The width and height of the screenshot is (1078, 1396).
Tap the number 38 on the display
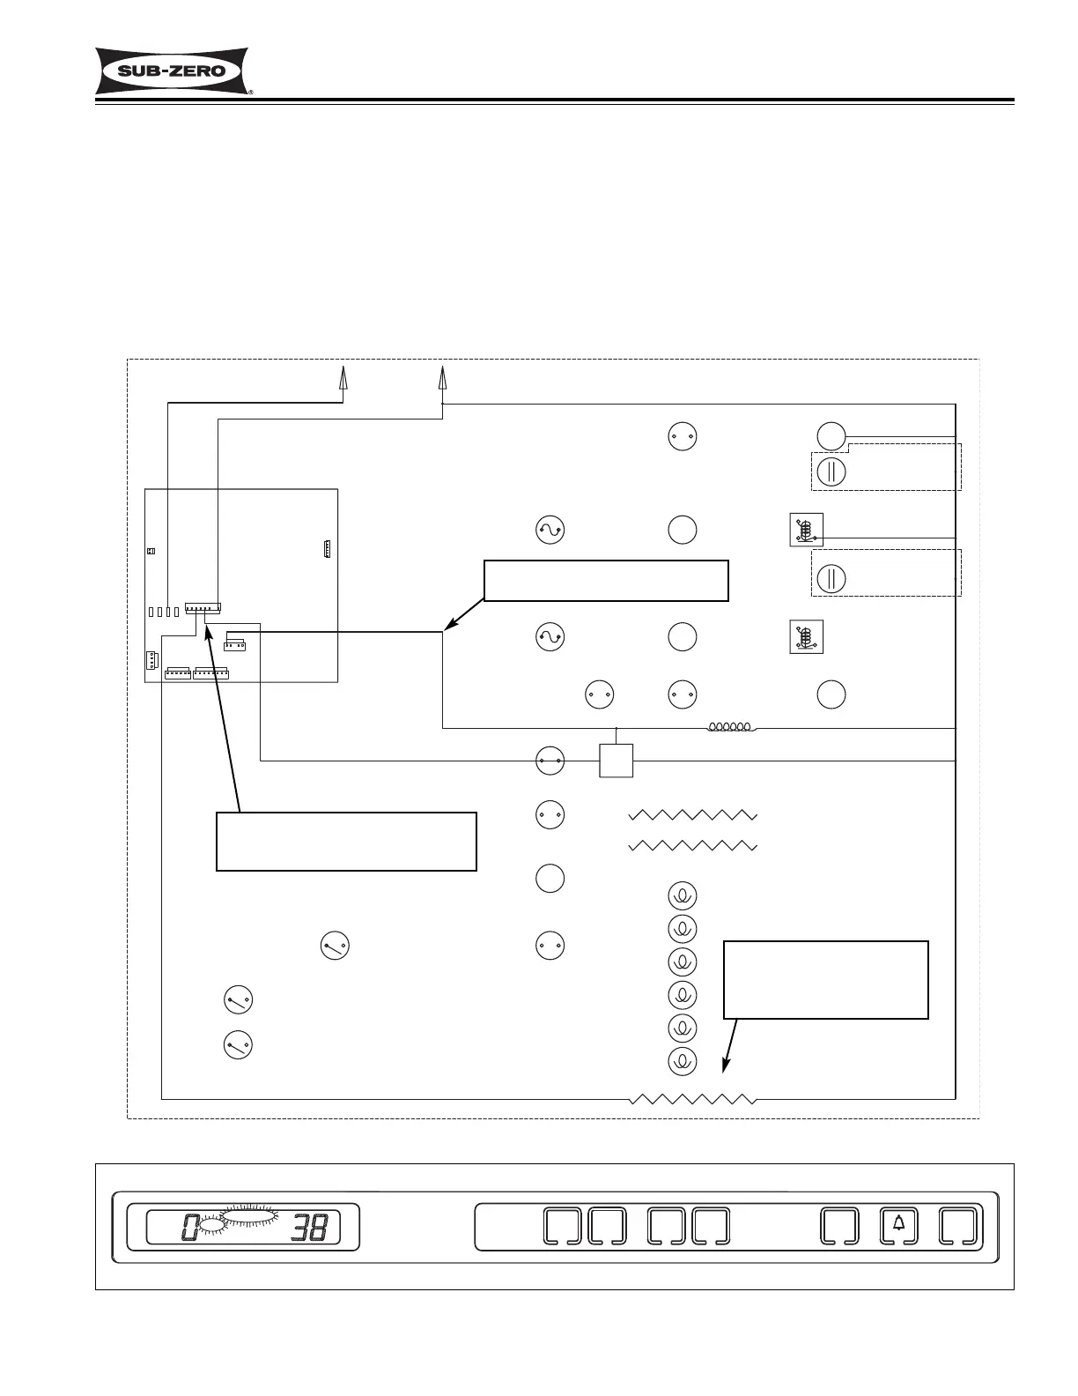click(x=310, y=1227)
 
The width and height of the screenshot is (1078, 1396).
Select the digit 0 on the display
click(x=189, y=1227)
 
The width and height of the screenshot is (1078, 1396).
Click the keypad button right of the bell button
click(x=960, y=1225)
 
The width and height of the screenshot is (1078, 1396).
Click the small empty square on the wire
click(x=617, y=761)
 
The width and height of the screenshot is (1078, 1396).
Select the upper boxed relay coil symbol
click(x=807, y=530)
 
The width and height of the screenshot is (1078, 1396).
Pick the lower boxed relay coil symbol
click(x=807, y=637)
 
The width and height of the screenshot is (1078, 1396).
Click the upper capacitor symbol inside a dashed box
click(x=831, y=472)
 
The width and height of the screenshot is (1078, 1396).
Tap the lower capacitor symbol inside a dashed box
click(x=831, y=578)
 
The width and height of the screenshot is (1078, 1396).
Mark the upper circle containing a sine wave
click(x=550, y=530)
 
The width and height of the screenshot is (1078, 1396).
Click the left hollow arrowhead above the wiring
click(x=343, y=378)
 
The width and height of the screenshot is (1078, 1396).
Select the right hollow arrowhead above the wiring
click(x=442, y=378)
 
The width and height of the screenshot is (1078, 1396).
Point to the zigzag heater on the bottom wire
click(x=693, y=1099)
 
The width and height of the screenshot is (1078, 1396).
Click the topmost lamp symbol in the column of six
click(x=683, y=896)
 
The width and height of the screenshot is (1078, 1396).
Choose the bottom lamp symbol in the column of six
click(x=683, y=1061)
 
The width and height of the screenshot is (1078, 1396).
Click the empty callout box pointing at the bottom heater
click(x=825, y=979)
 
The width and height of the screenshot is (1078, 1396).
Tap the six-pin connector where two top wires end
click(x=203, y=608)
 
